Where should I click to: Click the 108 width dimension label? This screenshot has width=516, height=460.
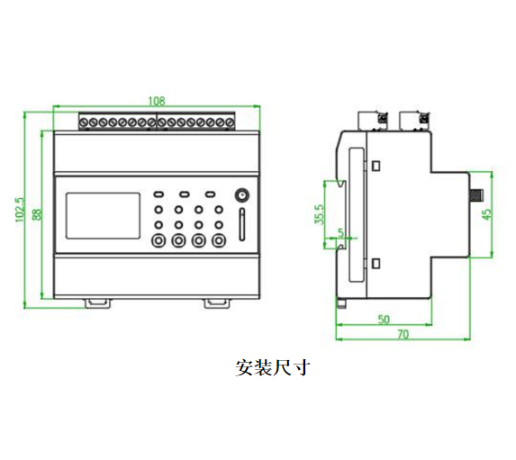pyautogui.click(x=157, y=101)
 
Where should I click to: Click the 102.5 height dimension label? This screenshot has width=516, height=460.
pyautogui.click(x=20, y=210)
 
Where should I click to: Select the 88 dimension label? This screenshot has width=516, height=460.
pyautogui.click(x=37, y=214)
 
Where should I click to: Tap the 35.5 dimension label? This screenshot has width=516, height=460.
pyautogui.click(x=319, y=214)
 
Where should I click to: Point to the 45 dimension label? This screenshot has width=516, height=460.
pyautogui.click(x=487, y=214)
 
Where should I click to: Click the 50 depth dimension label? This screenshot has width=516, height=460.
pyautogui.click(x=384, y=320)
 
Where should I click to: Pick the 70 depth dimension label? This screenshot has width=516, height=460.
pyautogui.click(x=403, y=334)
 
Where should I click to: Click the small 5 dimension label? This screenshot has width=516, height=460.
pyautogui.click(x=340, y=232)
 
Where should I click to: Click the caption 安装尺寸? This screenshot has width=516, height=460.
pyautogui.click(x=273, y=367)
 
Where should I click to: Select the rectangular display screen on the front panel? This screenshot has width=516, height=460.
pyautogui.click(x=103, y=216)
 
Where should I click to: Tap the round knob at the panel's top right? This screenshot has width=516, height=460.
pyautogui.click(x=242, y=195)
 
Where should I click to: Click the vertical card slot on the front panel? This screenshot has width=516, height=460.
pyautogui.click(x=242, y=224)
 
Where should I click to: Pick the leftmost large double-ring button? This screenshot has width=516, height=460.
pyautogui.click(x=158, y=240)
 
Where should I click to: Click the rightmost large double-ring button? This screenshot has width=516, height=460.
pyautogui.click(x=219, y=240)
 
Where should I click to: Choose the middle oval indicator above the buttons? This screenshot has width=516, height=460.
pyautogui.click(x=185, y=194)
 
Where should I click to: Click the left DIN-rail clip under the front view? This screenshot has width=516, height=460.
pyautogui.click(x=98, y=303)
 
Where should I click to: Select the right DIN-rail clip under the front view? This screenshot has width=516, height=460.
pyautogui.click(x=217, y=303)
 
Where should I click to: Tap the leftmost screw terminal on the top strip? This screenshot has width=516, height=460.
pyautogui.click(x=84, y=122)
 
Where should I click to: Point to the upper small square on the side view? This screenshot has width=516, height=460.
pyautogui.click(x=376, y=166)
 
